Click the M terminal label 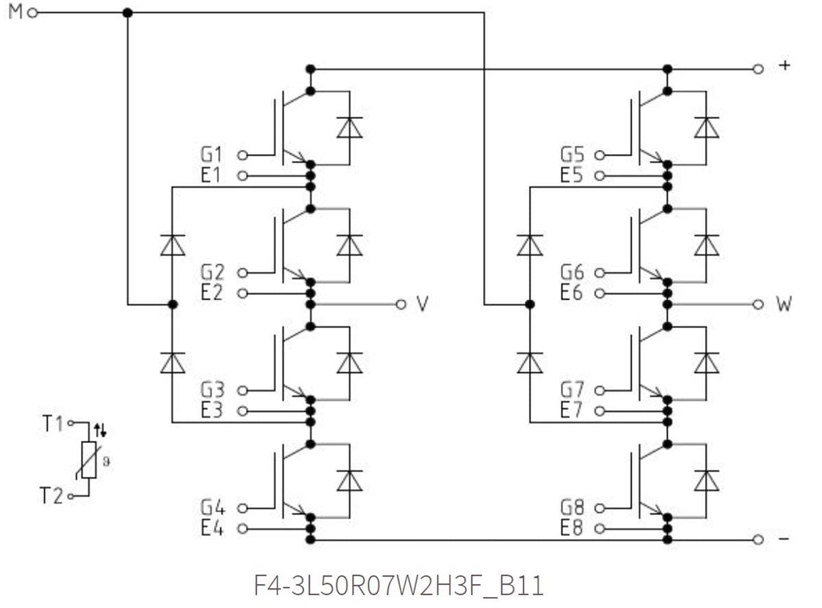tap(14, 12)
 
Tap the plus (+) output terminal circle tap(758, 68)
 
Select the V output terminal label tap(423, 304)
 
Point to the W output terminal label tap(784, 304)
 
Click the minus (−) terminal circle tap(758, 540)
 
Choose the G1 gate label tap(212, 155)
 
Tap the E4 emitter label tap(212, 529)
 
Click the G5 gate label tap(572, 155)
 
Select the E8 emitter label tap(572, 529)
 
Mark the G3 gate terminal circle tap(242, 390)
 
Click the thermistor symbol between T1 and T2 tap(88, 459)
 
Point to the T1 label tap(52, 424)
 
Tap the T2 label tap(52, 496)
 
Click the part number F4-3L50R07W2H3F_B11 tap(399, 586)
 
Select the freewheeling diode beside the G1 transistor tap(349, 127)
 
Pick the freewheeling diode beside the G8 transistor tap(706, 481)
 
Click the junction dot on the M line tap(127, 13)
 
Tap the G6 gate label tap(572, 273)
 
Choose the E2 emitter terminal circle tap(242, 294)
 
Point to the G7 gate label tap(572, 390)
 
